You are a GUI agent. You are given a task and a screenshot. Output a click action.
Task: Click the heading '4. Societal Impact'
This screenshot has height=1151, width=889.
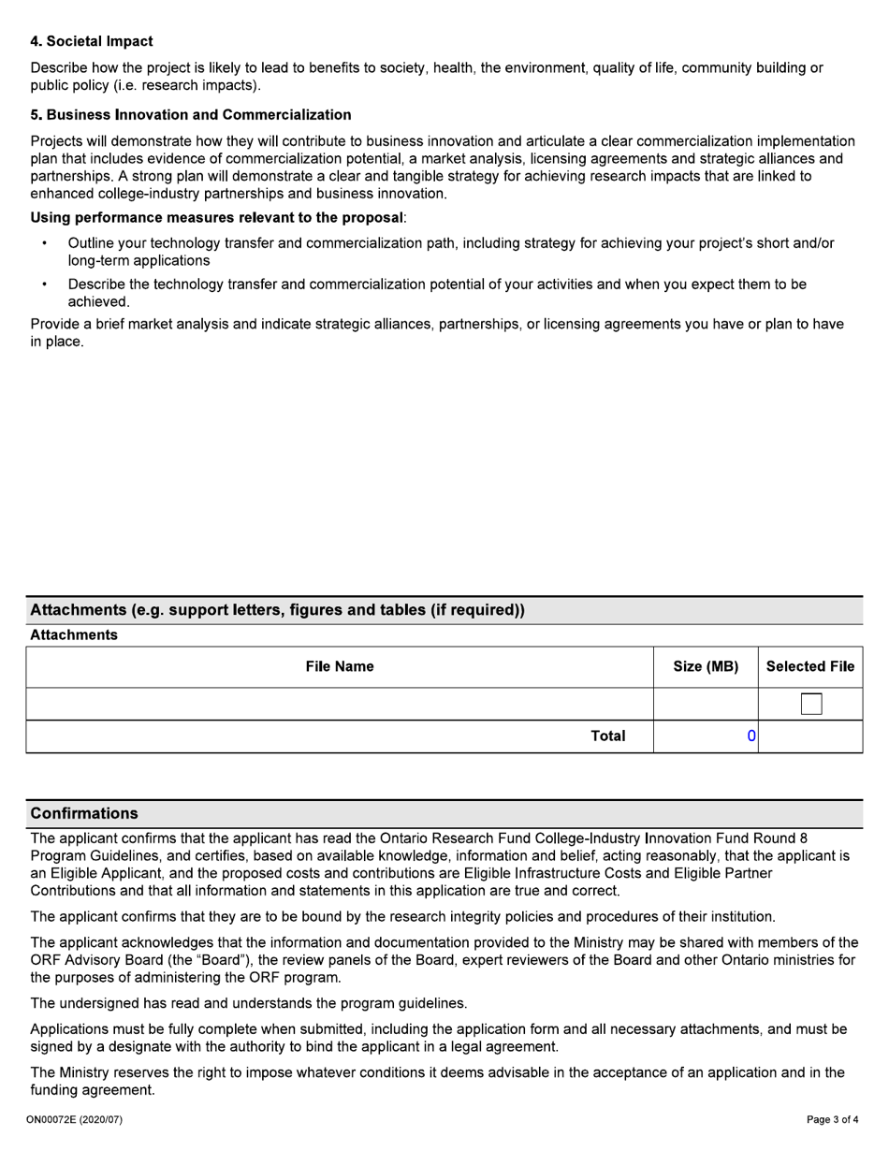(x=92, y=41)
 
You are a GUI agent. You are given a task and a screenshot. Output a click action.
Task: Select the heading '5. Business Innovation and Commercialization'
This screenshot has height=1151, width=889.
(x=191, y=114)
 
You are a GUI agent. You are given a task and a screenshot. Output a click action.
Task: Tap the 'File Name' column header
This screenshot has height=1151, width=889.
(x=339, y=666)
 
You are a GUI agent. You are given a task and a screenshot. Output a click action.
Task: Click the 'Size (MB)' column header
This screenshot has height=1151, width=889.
(x=706, y=666)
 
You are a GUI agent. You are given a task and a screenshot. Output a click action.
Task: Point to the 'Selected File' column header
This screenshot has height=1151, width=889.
(x=809, y=666)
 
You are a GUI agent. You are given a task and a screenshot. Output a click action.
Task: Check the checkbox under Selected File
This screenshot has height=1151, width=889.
(x=811, y=704)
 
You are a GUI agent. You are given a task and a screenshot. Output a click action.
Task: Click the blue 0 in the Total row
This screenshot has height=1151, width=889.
(x=751, y=736)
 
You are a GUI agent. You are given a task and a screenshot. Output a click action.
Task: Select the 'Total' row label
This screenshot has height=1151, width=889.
(x=607, y=736)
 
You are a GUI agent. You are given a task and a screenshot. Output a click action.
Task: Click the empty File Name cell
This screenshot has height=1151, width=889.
(x=339, y=704)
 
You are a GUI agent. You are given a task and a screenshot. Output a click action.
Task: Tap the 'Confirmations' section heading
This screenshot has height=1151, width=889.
(x=84, y=813)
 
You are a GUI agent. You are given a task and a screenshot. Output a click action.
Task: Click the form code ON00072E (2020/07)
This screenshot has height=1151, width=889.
(x=75, y=1119)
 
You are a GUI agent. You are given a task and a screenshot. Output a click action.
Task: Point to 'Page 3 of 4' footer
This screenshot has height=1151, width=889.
(x=832, y=1119)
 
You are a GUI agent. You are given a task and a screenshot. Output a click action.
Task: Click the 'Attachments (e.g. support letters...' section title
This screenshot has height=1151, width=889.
(x=277, y=610)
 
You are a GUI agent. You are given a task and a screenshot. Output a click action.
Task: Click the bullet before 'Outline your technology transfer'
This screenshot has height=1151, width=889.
(x=45, y=243)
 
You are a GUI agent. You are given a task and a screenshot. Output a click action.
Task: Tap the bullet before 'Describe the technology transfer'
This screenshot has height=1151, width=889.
(x=45, y=284)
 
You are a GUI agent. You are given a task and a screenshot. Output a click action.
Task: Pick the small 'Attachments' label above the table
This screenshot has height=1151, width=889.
(x=74, y=635)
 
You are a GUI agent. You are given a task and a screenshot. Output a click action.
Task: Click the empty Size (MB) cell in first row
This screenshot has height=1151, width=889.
(x=706, y=704)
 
